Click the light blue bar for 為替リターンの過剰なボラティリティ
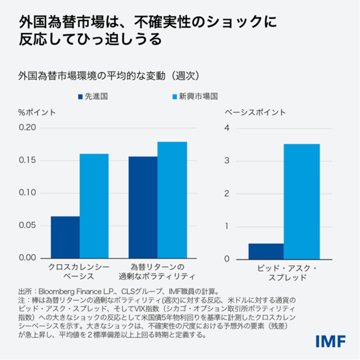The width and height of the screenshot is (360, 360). coord(172,200)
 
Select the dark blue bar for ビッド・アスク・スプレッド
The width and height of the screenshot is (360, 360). coord(266,251)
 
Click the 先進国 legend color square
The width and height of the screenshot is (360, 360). coord(80,97)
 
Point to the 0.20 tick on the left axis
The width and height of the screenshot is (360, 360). coord(26,127)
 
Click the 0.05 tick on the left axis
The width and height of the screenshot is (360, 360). coord(26,225)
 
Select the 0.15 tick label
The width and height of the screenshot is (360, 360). coord(26,160)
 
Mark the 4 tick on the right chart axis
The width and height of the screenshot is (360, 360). coord(227,127)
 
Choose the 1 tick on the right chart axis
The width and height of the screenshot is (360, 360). coord(227,226)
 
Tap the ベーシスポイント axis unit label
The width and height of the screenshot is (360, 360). coord(255,112)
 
